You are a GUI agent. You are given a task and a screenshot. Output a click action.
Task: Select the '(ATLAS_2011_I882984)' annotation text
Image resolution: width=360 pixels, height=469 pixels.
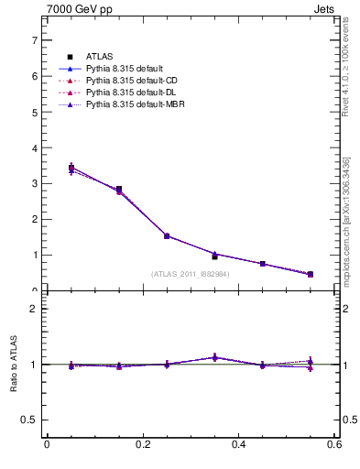(x=191, y=273)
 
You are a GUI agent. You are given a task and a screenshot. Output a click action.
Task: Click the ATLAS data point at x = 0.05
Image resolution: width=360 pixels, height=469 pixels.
(x=71, y=168)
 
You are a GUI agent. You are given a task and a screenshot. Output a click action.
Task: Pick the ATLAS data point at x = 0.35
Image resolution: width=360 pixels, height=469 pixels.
(x=214, y=256)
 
